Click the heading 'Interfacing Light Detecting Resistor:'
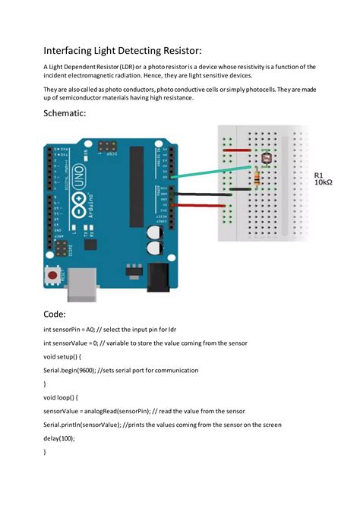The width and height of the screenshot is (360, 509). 122,50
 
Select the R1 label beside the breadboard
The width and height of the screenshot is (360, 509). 321,175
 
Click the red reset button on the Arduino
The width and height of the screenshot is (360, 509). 52,273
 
